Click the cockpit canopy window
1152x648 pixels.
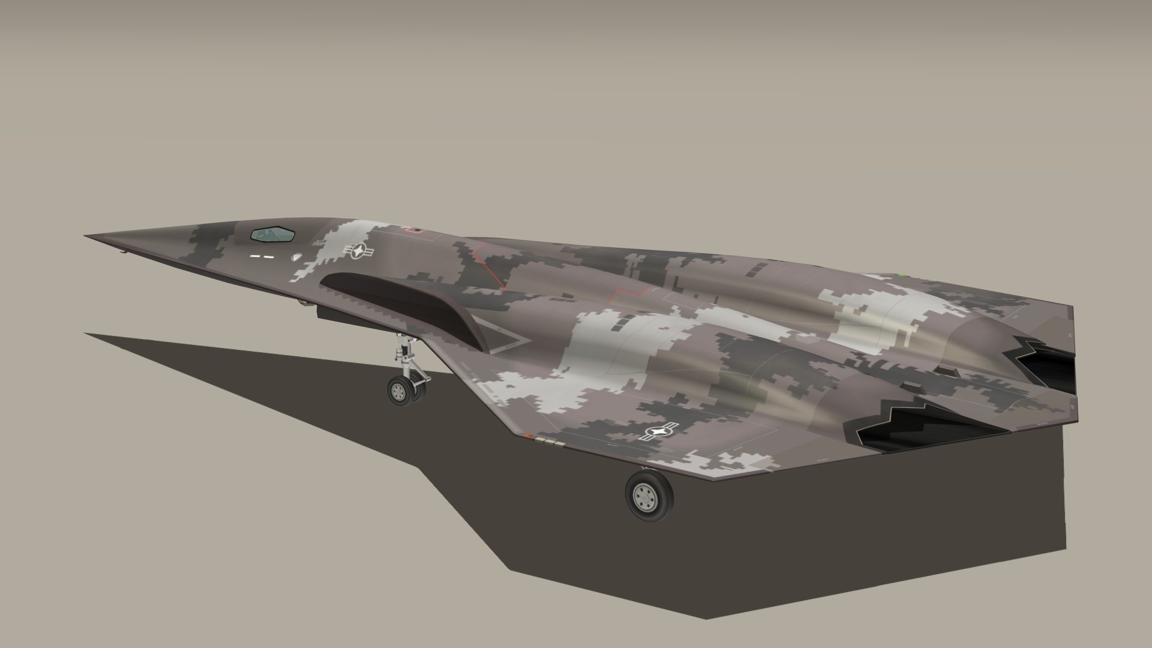pos(273,234)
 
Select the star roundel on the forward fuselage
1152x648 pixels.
pos(358,252)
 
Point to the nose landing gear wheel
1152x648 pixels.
pos(400,390)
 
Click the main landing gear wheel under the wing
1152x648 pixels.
pos(649,496)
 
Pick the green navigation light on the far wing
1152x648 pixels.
pos(902,275)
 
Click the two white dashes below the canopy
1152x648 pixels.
pos(262,257)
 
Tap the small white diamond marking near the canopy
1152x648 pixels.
pos(295,256)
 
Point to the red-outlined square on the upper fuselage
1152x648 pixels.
pos(413,230)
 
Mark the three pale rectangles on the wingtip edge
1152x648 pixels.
pos(551,443)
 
